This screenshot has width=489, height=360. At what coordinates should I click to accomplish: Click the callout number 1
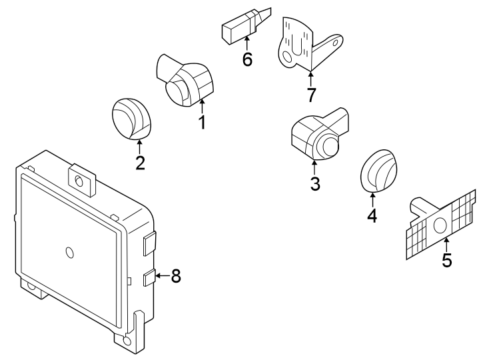201,122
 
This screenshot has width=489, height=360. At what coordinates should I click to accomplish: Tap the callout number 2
140,163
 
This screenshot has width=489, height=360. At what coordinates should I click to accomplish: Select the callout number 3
315,183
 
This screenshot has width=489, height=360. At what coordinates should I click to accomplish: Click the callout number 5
447,259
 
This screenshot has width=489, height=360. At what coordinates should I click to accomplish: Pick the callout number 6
247,59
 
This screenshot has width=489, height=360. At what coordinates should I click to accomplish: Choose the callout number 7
311,95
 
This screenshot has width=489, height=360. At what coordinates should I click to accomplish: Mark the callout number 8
176,276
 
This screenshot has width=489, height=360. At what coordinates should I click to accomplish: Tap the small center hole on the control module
69,252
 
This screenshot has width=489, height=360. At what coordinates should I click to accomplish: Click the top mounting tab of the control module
81,178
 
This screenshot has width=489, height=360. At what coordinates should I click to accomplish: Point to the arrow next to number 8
160,275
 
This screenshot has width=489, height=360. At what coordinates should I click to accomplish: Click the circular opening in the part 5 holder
440,226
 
